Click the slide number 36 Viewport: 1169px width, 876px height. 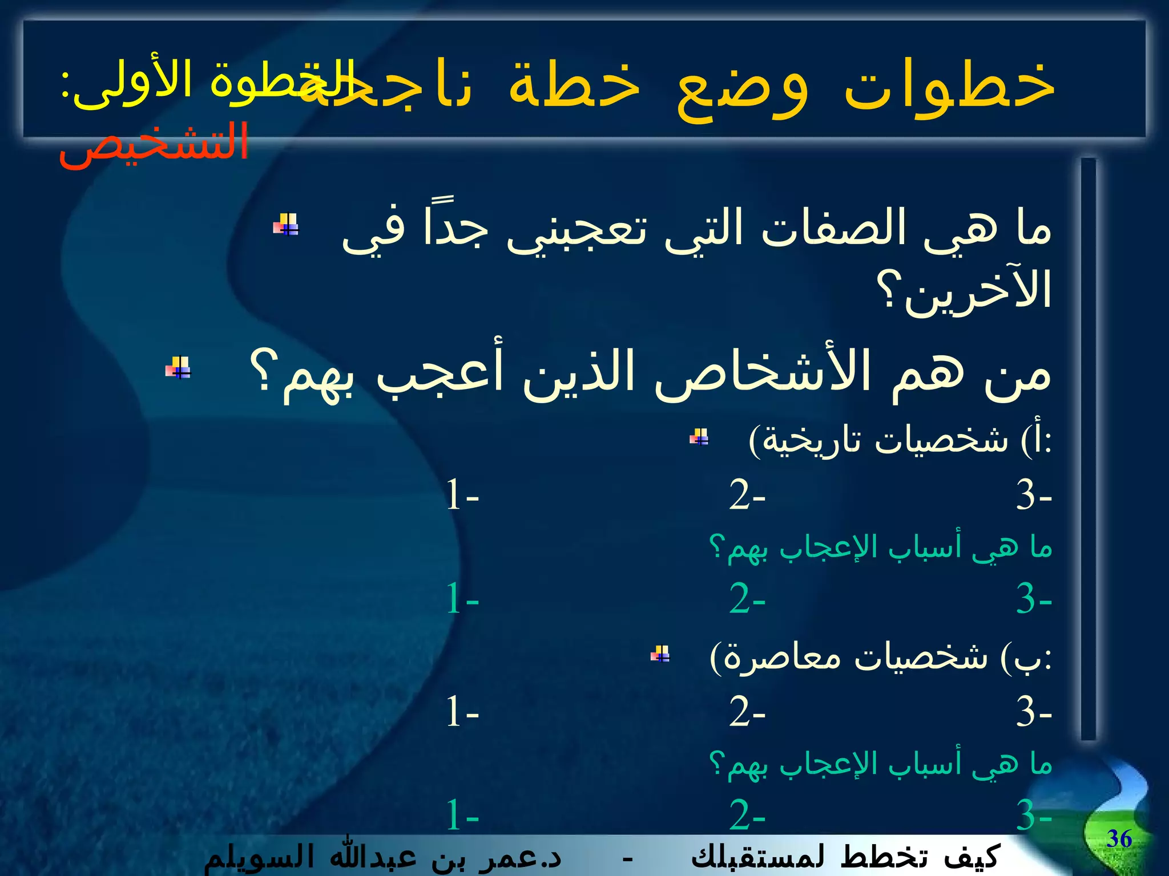click(1119, 839)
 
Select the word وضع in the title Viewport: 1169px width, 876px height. click(742, 88)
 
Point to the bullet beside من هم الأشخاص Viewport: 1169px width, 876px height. click(178, 368)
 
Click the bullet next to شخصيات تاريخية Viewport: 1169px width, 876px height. click(699, 437)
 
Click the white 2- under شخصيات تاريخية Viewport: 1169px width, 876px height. click(747, 494)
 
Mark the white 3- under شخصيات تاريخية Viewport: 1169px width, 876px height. click(1033, 494)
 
